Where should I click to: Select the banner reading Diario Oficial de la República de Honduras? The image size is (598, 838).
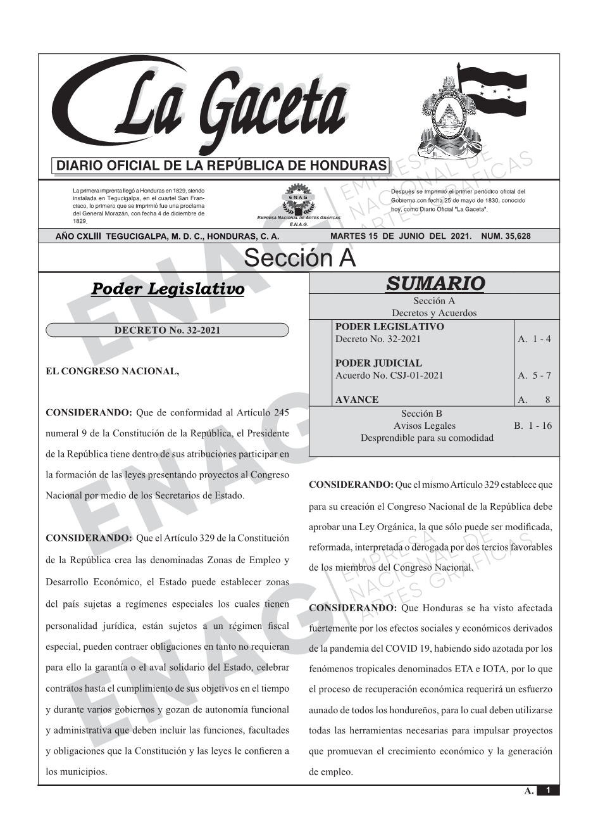221,166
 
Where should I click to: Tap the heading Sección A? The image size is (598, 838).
299,258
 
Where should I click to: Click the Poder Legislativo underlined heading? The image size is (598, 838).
168,289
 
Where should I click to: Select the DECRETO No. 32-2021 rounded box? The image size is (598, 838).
167,330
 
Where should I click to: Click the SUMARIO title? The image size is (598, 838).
435,284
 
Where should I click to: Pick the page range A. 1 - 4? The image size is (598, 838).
534,339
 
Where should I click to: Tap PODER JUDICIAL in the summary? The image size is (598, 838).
378,363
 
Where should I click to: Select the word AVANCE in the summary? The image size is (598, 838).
357,400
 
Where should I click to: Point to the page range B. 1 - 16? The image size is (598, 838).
533,426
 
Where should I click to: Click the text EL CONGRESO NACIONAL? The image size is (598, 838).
113,371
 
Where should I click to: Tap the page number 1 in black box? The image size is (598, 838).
548,790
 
